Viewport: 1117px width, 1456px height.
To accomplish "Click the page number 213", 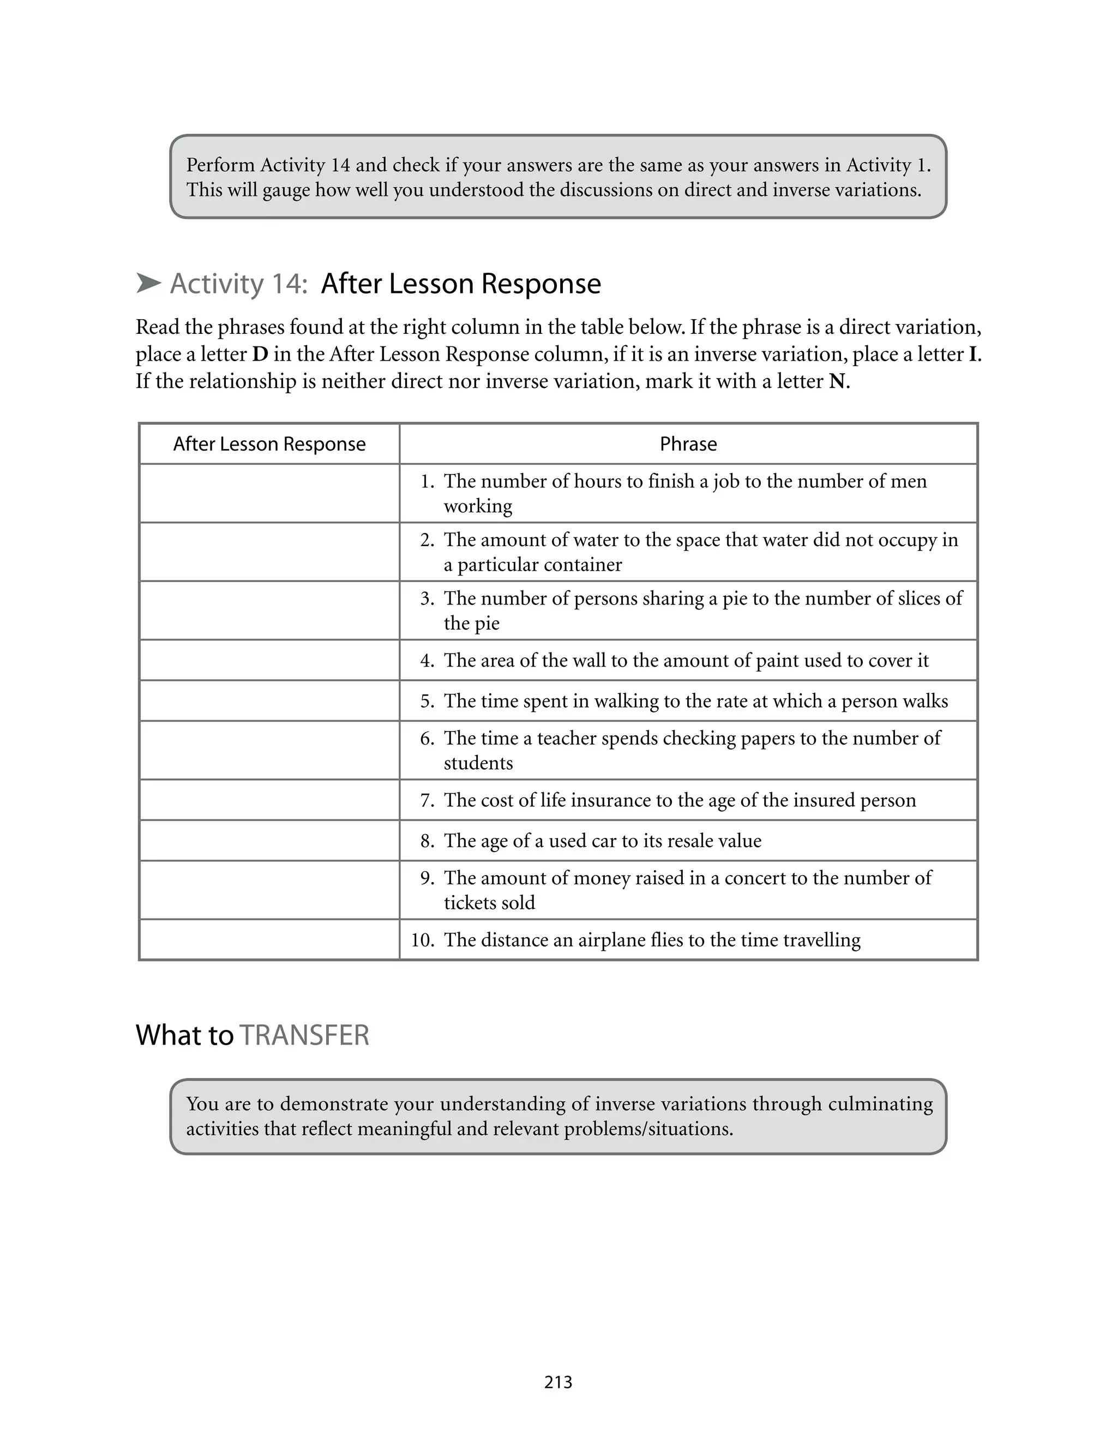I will (558, 1382).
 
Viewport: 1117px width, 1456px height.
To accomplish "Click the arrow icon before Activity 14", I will (149, 283).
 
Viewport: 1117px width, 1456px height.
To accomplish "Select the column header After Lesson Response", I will (269, 444).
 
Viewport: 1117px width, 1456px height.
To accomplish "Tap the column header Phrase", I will (688, 444).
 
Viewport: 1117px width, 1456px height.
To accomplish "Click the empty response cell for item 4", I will (269, 660).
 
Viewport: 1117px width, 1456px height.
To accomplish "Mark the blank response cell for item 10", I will (269, 940).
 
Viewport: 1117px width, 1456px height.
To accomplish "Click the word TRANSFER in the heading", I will (304, 1036).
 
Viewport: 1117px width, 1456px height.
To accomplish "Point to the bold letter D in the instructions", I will (260, 355).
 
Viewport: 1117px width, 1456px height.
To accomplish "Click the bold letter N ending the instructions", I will (837, 382).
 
